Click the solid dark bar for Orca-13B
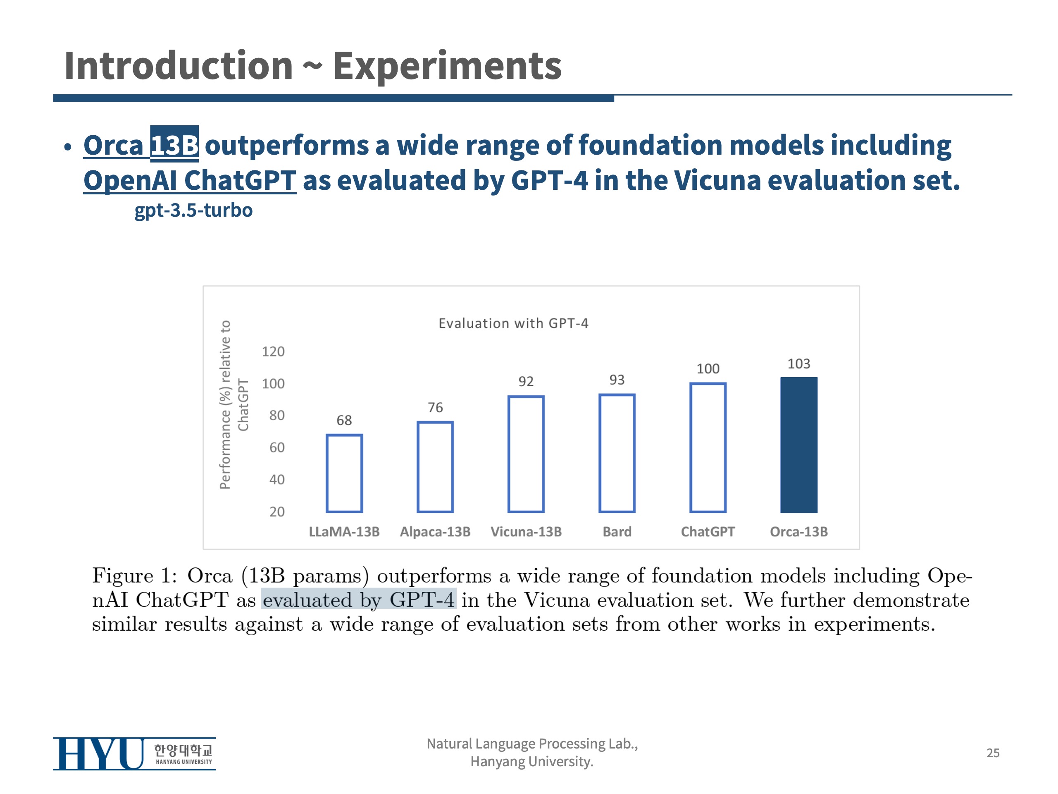[x=799, y=445]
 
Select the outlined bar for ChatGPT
[x=708, y=447]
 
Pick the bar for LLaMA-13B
[x=344, y=474]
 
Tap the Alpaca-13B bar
[x=435, y=466]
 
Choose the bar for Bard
[x=617, y=453]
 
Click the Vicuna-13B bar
[x=526, y=454]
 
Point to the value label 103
[x=799, y=364]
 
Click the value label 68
[x=344, y=420]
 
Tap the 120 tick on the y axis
[x=273, y=352]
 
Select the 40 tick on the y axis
[x=276, y=480]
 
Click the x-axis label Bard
[x=617, y=532]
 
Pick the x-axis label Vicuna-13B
[x=526, y=532]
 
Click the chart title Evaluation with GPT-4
[x=513, y=323]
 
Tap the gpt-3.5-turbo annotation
[x=193, y=210]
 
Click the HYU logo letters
[x=98, y=754]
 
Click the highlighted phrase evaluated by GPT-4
[x=358, y=600]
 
